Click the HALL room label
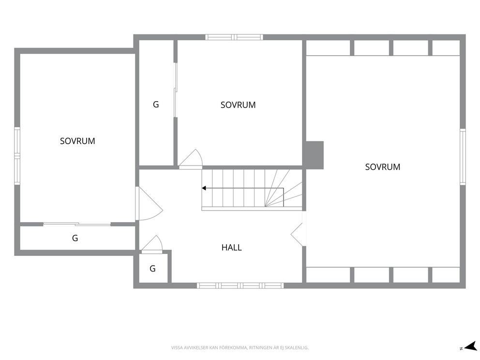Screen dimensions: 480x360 231,247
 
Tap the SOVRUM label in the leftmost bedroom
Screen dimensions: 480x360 77,141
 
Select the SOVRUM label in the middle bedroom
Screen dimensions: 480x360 238,105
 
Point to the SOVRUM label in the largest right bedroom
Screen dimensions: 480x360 383,167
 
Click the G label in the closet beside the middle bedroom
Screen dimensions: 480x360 156,105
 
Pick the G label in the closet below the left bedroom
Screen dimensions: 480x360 75,238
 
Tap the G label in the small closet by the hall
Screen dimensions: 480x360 152,269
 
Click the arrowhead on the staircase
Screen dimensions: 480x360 204,188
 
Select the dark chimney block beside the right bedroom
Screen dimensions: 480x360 313,155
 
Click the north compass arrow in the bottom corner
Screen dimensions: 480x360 470,346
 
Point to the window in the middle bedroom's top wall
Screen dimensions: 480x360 234,37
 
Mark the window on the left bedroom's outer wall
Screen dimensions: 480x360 17,156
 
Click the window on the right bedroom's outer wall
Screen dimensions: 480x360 463,156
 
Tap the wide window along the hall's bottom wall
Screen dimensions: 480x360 240,285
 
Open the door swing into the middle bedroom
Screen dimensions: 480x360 191,159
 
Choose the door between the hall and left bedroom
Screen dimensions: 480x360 149,204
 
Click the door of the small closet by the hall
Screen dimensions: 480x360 152,244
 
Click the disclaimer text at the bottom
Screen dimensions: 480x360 240,348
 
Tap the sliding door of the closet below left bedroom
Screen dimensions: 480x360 77,225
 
